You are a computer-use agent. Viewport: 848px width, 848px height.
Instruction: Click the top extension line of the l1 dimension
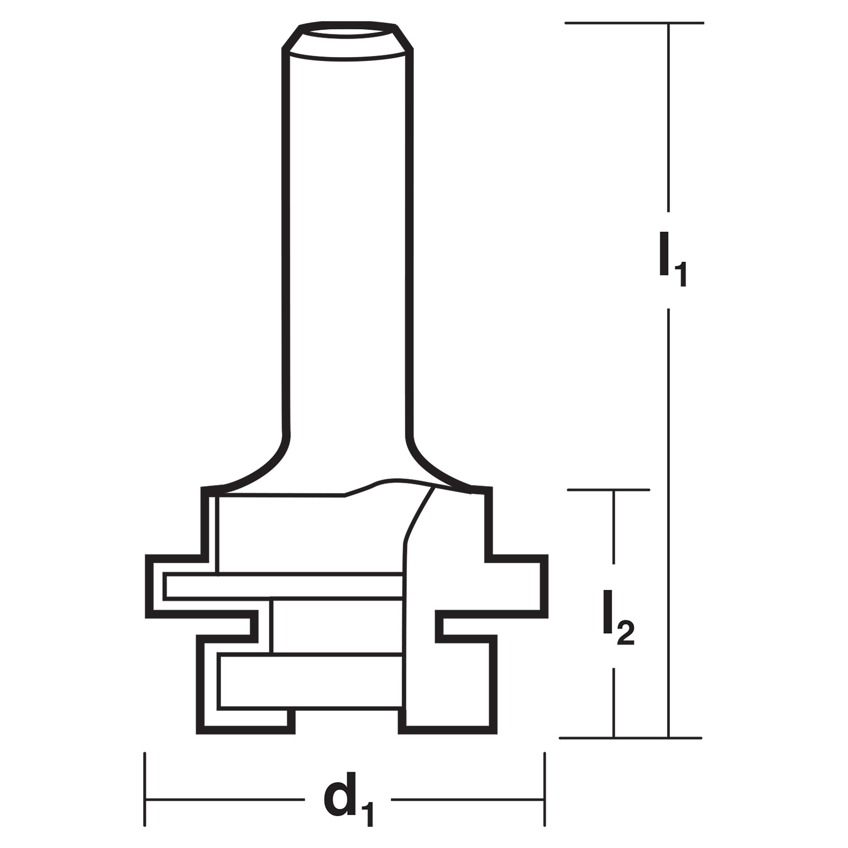tap(634, 23)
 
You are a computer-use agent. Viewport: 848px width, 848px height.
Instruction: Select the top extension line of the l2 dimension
tap(608, 490)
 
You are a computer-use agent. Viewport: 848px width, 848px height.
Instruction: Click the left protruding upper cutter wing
tap(175, 586)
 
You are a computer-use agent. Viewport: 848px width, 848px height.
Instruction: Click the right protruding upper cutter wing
tap(517, 586)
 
